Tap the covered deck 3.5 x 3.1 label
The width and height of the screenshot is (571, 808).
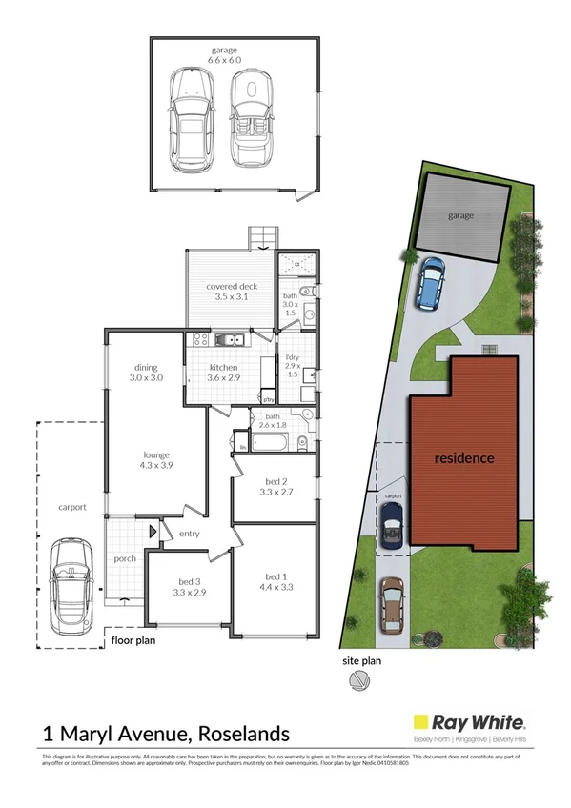(x=232, y=292)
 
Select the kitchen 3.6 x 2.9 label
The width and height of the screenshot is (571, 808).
(x=223, y=373)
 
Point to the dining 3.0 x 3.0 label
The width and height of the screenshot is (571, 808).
(x=146, y=373)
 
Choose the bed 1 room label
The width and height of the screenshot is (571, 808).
(x=275, y=582)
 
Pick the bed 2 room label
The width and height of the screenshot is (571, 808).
(x=275, y=498)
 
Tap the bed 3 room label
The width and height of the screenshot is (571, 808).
(x=186, y=587)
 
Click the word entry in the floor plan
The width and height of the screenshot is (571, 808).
(x=189, y=534)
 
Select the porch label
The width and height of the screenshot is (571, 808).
(x=124, y=558)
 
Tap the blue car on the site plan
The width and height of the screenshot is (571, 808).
(x=431, y=283)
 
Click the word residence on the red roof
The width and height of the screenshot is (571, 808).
(x=464, y=458)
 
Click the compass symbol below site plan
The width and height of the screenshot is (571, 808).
(x=359, y=680)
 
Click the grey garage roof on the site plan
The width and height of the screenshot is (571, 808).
(x=462, y=217)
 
